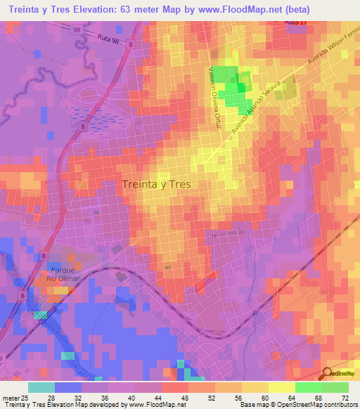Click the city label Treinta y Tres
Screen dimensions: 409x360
[156, 184]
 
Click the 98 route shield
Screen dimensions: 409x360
[76, 30]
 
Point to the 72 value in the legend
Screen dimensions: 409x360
[345, 397]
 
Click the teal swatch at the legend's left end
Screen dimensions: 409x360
[41, 387]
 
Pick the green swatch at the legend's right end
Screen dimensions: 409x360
[335, 387]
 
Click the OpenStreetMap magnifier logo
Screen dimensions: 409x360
[327, 374]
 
